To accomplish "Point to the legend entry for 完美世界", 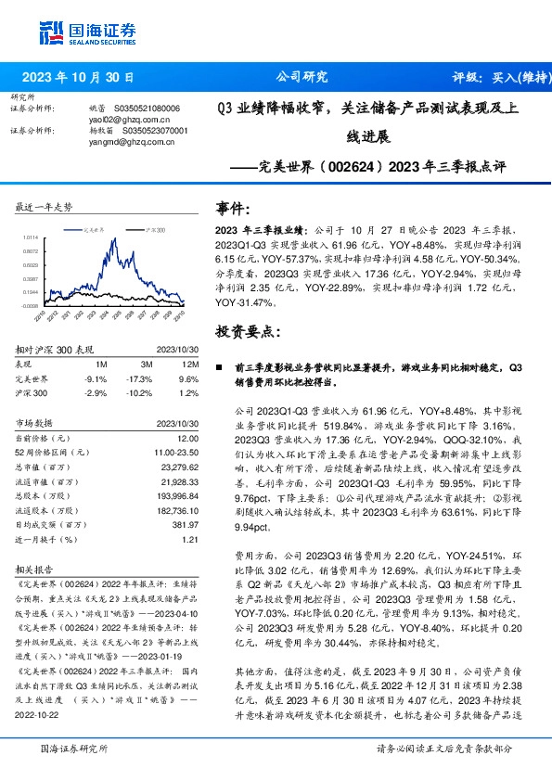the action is (89, 228).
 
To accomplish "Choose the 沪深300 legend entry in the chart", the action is (152, 228).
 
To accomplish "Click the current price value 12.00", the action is (188, 437).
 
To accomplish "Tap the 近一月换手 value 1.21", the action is (190, 539).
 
